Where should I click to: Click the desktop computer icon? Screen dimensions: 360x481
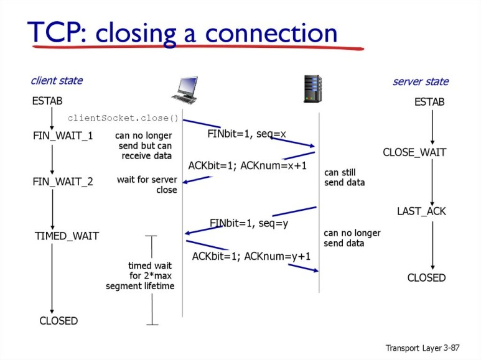[184, 90]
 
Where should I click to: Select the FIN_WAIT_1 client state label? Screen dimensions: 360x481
[63, 135]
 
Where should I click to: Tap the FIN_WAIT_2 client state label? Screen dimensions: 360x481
[63, 182]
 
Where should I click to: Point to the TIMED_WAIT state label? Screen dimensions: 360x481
[67, 236]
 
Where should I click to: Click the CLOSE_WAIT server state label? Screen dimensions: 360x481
[414, 152]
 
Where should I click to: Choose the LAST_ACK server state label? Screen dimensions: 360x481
[421, 211]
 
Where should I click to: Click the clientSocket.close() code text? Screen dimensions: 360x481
[123, 118]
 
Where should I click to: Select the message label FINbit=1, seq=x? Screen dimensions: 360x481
[246, 134]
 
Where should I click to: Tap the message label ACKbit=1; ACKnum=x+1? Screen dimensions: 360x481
[248, 165]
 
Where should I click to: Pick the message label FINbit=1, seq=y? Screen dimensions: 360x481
[249, 223]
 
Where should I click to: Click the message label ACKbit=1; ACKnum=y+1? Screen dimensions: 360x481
[251, 256]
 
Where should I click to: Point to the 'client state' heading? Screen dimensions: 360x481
[57, 81]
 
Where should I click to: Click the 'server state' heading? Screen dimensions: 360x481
[420, 82]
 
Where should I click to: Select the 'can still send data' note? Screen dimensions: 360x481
[344, 177]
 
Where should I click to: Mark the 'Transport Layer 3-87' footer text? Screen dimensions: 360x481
[422, 348]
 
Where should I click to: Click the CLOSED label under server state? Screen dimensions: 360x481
[426, 278]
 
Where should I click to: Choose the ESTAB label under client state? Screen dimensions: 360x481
[47, 101]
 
